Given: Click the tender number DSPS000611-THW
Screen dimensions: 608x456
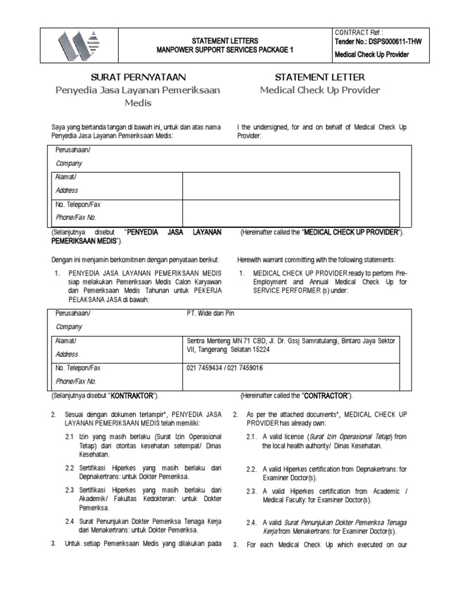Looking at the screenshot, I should [387, 42].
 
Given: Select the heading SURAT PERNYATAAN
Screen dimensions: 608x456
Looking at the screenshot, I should [138, 77].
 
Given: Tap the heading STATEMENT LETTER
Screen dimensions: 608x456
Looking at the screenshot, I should [320, 77].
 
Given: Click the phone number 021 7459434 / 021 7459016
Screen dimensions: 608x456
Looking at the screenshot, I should [225, 368].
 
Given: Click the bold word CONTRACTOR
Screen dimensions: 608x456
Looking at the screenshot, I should [325, 395].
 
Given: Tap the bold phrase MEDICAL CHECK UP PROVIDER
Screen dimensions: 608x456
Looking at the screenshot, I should [350, 232].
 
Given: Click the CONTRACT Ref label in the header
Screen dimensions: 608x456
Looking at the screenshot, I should [359, 31].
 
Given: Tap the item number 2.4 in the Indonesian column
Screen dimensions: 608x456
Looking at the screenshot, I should [69, 521].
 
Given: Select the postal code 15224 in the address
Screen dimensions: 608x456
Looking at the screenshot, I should [259, 350].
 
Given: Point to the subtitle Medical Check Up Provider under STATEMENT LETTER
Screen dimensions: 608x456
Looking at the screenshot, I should [320, 90].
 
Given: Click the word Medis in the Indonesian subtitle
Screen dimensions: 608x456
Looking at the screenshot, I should [138, 103].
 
